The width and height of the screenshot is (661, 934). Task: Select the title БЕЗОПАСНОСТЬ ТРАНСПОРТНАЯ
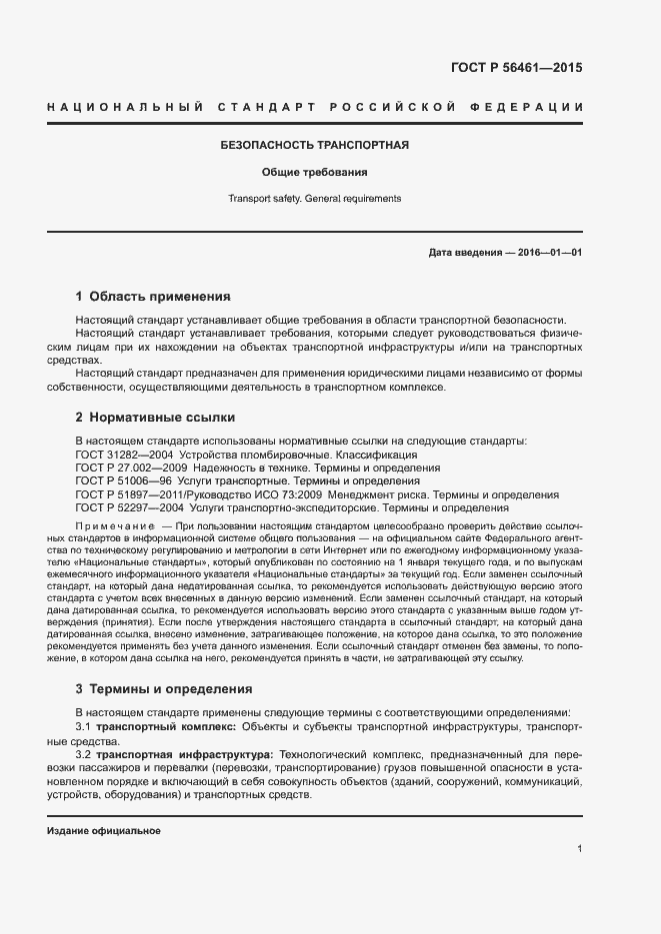pos(314,146)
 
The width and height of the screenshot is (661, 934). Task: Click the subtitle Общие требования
pos(314,172)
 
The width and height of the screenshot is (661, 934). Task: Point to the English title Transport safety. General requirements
pos(314,198)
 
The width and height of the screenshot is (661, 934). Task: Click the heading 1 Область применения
pos(153,297)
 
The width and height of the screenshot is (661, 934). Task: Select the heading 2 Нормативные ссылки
pos(155,418)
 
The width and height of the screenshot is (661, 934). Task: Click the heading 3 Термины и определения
pos(164,689)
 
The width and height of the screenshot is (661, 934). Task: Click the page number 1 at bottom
pos(579,848)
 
